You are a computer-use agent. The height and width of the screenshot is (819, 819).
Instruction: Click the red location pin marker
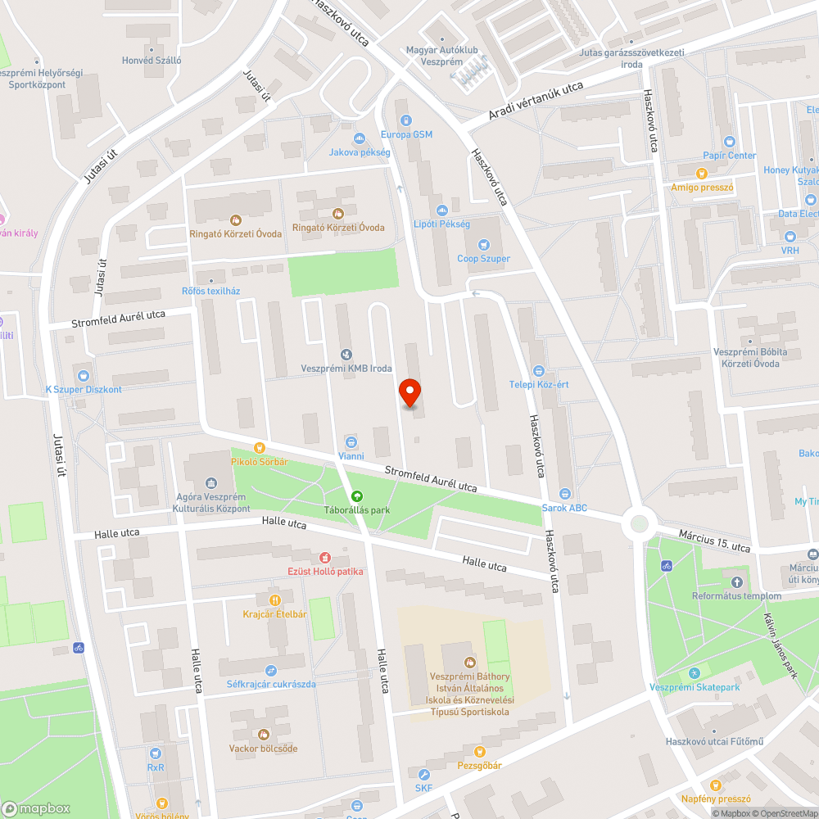[409, 392]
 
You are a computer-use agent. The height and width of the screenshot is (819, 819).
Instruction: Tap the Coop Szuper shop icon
[483, 244]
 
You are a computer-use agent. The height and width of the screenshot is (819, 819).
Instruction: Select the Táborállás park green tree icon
[356, 495]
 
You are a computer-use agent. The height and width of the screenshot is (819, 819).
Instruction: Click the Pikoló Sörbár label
[260, 462]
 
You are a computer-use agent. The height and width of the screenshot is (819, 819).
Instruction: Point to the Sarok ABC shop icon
[564, 494]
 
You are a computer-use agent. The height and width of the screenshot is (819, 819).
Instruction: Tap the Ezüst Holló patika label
[325, 571]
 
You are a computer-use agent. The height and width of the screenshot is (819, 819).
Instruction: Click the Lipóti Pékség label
[441, 224]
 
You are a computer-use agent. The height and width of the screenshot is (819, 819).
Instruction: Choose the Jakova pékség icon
[360, 138]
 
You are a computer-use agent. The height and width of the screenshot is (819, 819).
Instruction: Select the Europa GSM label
[406, 134]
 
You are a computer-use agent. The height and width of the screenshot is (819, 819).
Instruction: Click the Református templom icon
[736, 581]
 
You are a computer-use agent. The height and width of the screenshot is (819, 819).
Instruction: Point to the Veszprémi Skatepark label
[695, 687]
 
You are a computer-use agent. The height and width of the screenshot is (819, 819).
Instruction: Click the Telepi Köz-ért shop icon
[538, 370]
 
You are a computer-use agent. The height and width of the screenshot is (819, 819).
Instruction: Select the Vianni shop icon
[351, 441]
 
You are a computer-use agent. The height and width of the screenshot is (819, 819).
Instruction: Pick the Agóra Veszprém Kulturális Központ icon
[212, 483]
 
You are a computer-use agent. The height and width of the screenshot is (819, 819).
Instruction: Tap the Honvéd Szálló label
[152, 61]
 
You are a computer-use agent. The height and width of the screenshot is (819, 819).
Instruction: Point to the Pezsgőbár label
[479, 765]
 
